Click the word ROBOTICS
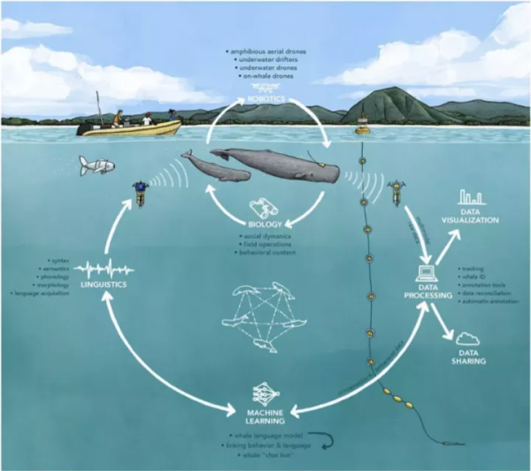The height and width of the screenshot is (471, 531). [x=265, y=100]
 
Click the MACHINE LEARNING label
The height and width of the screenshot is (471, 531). [x=265, y=414]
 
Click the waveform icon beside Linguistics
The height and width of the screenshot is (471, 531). [x=104, y=267]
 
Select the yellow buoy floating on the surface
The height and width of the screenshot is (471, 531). [x=362, y=127]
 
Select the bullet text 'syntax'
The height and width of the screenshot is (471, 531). [x=59, y=260]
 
